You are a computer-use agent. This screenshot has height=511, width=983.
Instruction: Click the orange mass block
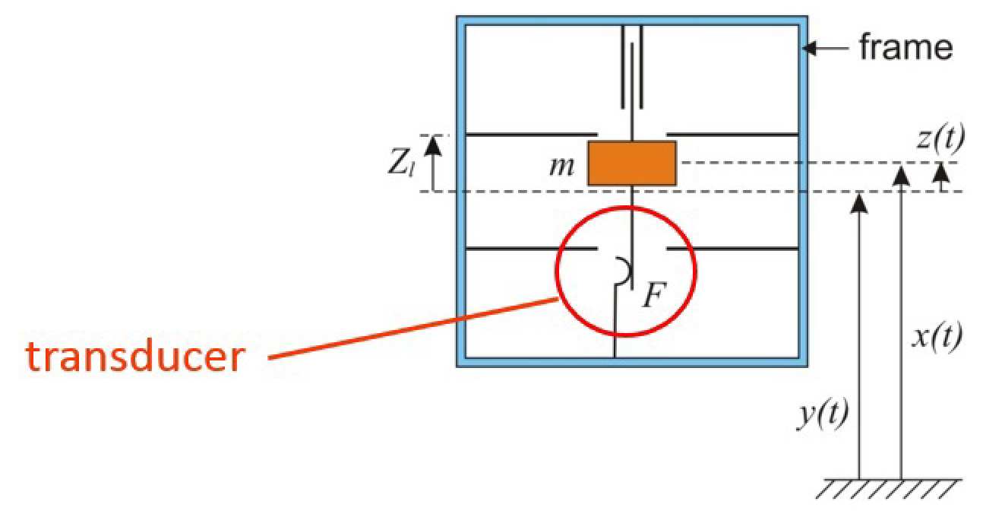[x=632, y=163]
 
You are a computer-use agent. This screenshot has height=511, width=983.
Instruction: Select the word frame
[x=905, y=48]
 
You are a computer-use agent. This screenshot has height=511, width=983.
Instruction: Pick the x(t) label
[x=937, y=335]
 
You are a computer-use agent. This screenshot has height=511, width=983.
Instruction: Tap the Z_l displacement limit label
[x=400, y=164]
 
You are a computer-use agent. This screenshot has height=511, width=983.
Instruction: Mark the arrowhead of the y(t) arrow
[x=859, y=202]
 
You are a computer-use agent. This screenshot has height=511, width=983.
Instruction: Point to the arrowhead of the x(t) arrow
[x=901, y=173]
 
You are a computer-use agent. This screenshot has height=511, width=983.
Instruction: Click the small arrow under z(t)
[x=941, y=176]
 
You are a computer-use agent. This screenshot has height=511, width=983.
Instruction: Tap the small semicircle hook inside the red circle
[x=624, y=272]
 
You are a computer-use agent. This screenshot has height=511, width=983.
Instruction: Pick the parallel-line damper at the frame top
[x=632, y=67]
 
